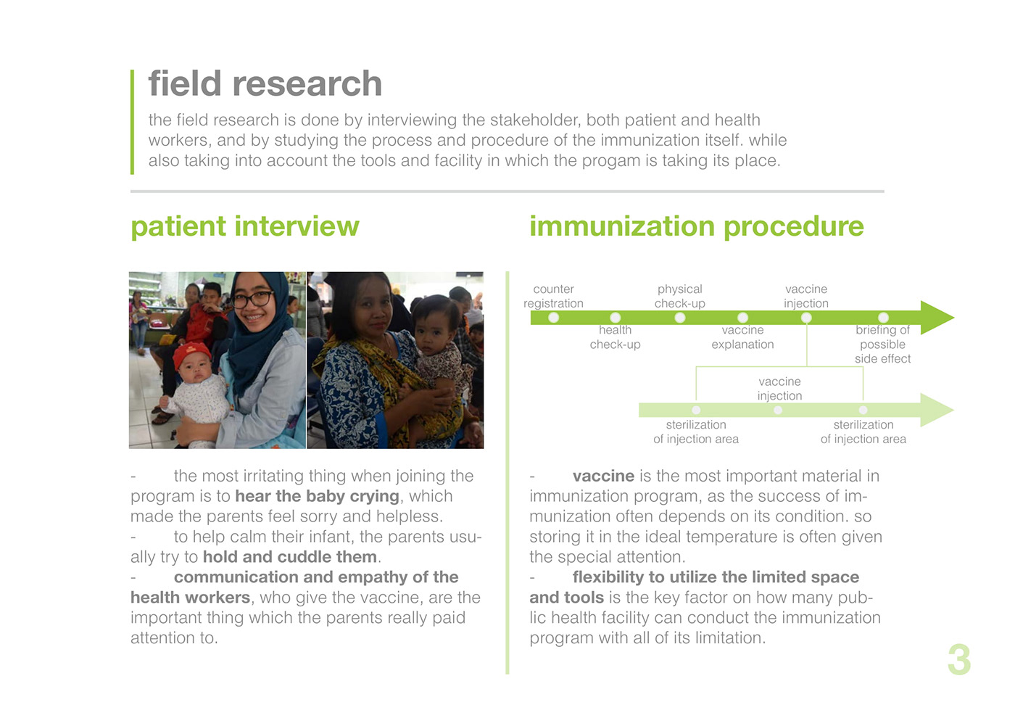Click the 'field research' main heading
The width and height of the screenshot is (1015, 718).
tap(265, 83)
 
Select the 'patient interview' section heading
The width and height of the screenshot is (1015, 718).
tap(245, 226)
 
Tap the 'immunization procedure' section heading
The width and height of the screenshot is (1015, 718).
tap(697, 226)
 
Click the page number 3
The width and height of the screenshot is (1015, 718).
tap(958, 659)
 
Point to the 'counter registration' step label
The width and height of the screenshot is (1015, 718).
tap(553, 296)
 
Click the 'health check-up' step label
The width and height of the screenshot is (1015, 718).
tap(615, 337)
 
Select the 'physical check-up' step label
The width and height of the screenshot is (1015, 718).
tap(680, 296)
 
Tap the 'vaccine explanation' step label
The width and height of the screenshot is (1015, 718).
tap(742, 337)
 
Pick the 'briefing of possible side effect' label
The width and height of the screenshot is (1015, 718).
tap(883, 344)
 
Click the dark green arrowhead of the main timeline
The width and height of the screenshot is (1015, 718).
tap(937, 318)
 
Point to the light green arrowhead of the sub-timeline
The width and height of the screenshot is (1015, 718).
tap(937, 410)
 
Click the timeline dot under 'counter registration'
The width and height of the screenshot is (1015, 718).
tap(553, 318)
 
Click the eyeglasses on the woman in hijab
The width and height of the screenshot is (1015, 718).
tap(252, 299)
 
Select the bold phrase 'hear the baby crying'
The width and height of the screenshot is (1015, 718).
tap(318, 496)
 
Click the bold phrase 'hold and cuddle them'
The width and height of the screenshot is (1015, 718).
tap(290, 557)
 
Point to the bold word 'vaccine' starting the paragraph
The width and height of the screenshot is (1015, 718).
tap(603, 476)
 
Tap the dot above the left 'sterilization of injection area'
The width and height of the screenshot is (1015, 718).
tap(696, 410)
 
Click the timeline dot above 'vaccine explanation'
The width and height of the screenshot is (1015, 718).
tap(742, 318)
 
